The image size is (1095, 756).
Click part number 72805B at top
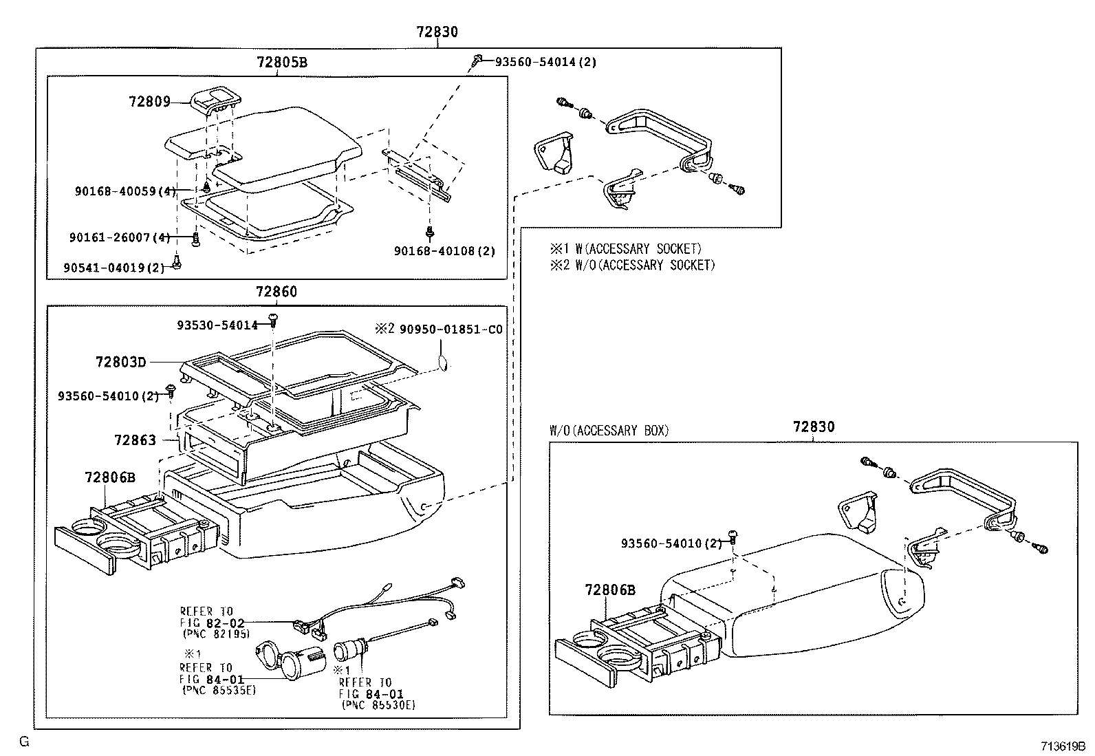pos(281,62)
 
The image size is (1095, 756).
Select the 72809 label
pos(149,102)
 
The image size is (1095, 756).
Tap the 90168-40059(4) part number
pos(124,191)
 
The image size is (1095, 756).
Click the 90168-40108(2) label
pos(444,251)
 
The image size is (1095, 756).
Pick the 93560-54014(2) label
pos(546,62)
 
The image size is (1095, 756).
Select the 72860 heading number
pos(277,292)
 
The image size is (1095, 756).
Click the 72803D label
pos(121,361)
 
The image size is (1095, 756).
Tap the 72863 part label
pos(135,440)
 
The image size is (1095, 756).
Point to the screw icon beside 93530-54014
pos(274,318)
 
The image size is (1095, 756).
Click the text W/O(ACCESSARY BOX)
pos(608,431)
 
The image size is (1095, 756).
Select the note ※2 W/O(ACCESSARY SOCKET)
pos(632,265)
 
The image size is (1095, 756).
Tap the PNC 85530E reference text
pos(378,705)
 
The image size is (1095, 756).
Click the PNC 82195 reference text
pos(216,633)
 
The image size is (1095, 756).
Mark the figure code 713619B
pos(1062,745)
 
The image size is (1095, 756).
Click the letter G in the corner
pos(24,741)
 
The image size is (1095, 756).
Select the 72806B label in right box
pos(610,590)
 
